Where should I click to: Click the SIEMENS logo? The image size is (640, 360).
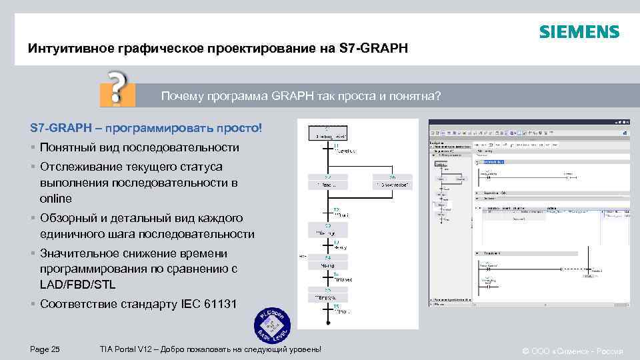click(x=579, y=31)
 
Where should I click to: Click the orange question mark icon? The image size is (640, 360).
click(x=117, y=88)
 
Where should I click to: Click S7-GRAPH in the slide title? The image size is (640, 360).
click(x=372, y=49)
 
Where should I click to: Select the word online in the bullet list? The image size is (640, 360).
click(x=56, y=199)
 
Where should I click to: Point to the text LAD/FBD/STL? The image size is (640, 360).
click(x=78, y=285)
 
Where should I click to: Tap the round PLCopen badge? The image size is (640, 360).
click(x=273, y=325)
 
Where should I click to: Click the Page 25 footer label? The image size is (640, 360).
click(x=45, y=350)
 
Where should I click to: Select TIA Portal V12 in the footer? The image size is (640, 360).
click(x=125, y=350)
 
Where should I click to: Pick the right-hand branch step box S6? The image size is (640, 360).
click(x=391, y=182)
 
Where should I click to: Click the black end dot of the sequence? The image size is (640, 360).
click(x=327, y=323)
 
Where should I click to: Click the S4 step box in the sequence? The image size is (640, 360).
click(x=327, y=262)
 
